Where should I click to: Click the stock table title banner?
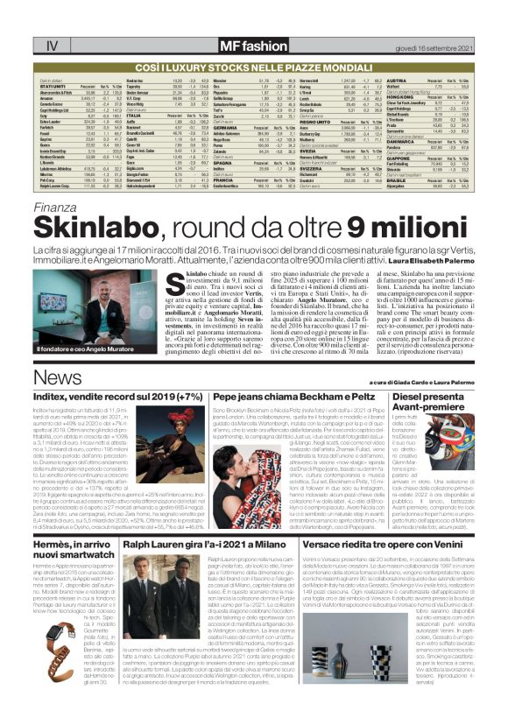[254, 66]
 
